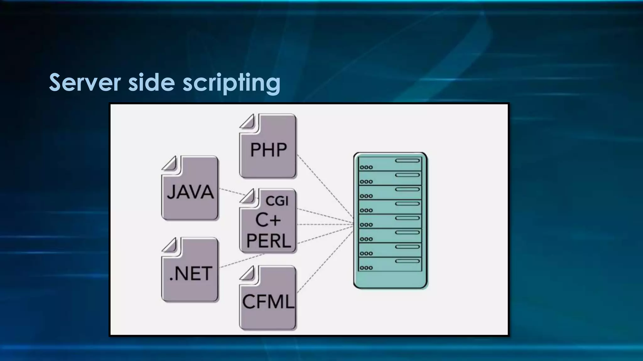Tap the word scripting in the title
click(231, 83)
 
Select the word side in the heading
click(151, 82)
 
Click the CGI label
click(277, 201)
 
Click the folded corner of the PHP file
click(248, 121)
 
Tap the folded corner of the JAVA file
click(170, 163)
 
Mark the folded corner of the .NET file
click(170, 245)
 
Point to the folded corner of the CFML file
click(248, 273)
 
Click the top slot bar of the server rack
click(407, 161)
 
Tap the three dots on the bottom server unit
click(366, 268)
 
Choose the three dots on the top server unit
click(366, 167)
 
